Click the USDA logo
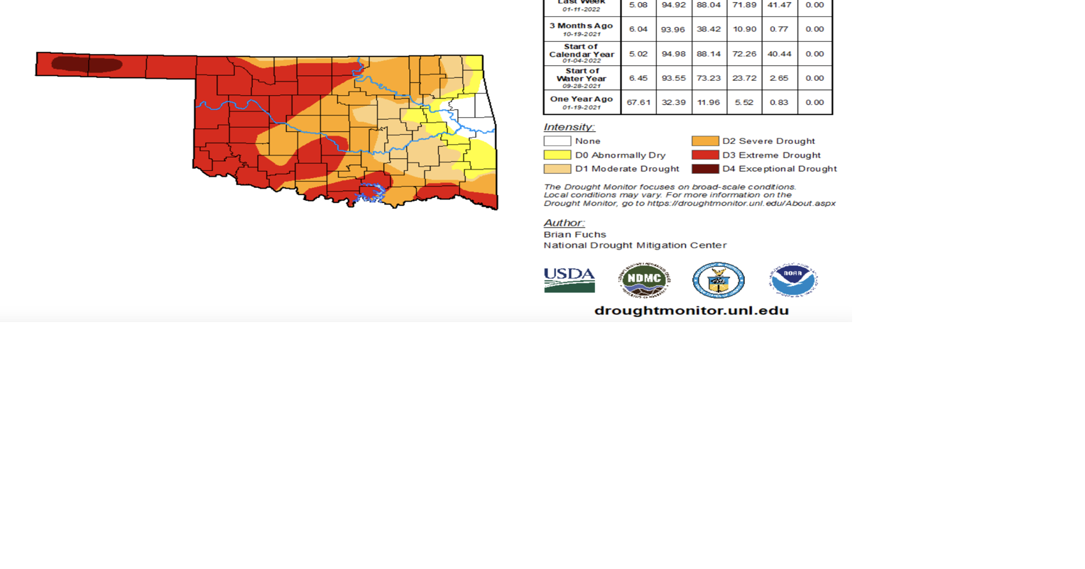point(569,280)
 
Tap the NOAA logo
point(793,280)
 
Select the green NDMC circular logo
point(643,280)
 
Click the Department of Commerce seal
point(719,280)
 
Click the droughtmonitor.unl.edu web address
point(691,311)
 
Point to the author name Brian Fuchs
point(574,234)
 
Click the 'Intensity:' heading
point(569,127)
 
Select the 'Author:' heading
point(564,223)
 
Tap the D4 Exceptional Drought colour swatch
point(705,169)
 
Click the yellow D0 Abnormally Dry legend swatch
point(557,155)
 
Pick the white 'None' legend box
point(557,141)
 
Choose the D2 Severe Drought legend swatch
point(705,141)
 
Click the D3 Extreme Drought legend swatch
point(705,155)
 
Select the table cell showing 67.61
point(638,102)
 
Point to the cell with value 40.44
point(779,54)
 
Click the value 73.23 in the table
point(709,78)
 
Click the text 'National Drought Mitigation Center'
point(635,245)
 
